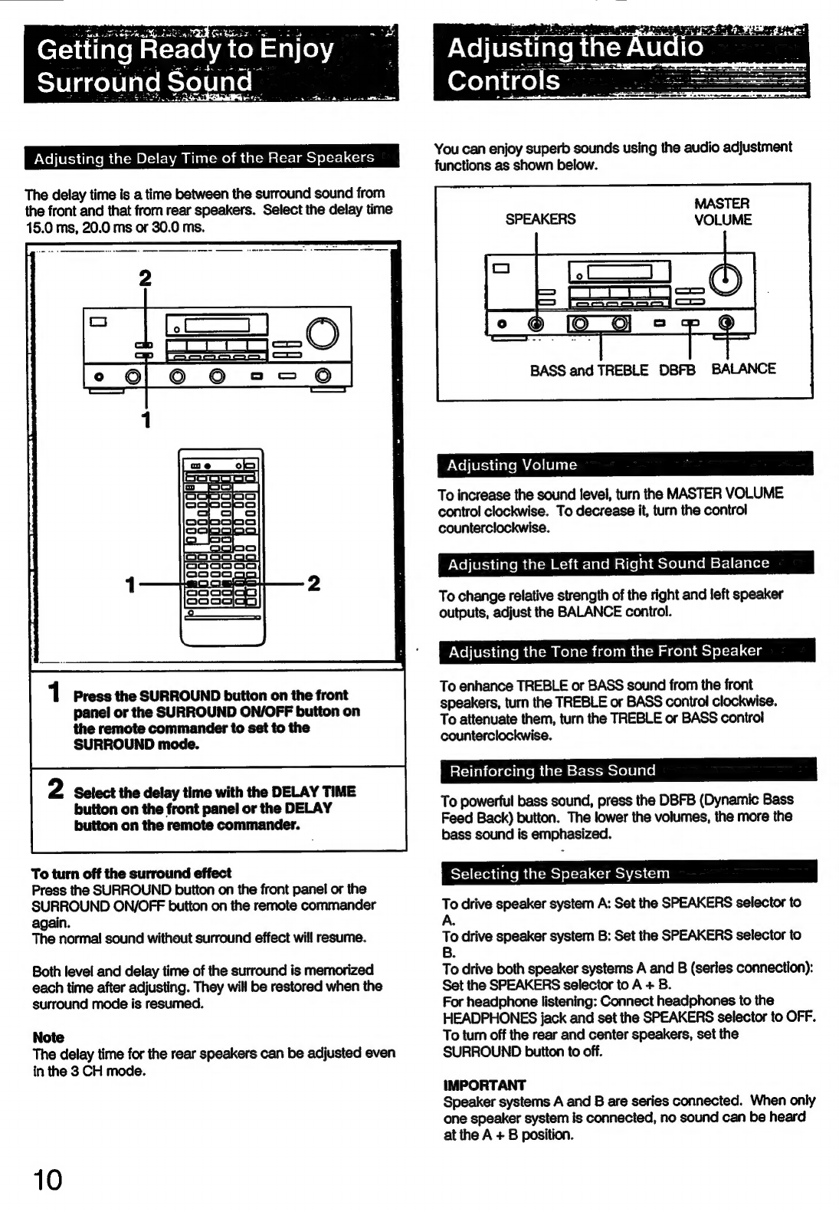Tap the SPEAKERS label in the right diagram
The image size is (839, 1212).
pyautogui.click(x=539, y=219)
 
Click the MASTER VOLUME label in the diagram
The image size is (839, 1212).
pyautogui.click(x=723, y=212)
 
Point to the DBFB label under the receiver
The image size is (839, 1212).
pyautogui.click(x=677, y=370)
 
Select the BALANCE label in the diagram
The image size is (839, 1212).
pyautogui.click(x=743, y=369)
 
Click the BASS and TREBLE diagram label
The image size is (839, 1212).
pyautogui.click(x=588, y=370)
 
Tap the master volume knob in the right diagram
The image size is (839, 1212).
pyautogui.click(x=725, y=280)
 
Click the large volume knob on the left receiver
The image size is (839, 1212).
pyautogui.click(x=323, y=333)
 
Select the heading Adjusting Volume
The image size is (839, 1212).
pyautogui.click(x=511, y=465)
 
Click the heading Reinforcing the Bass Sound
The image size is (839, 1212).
pyautogui.click(x=552, y=770)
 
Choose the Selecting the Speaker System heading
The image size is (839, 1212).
pyautogui.click(x=559, y=873)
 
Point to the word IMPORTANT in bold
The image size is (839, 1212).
pyautogui.click(x=484, y=1085)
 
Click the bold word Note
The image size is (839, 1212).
pyautogui.click(x=48, y=1037)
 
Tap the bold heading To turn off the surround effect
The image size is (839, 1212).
pyautogui.click(x=131, y=873)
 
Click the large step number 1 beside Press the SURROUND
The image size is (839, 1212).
pyautogui.click(x=54, y=692)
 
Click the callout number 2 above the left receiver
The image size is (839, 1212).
pyautogui.click(x=145, y=278)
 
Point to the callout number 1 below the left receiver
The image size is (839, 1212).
pyautogui.click(x=145, y=419)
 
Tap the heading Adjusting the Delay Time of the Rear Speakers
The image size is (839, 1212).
pyautogui.click(x=204, y=158)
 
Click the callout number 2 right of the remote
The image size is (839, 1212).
pyautogui.click(x=313, y=583)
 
